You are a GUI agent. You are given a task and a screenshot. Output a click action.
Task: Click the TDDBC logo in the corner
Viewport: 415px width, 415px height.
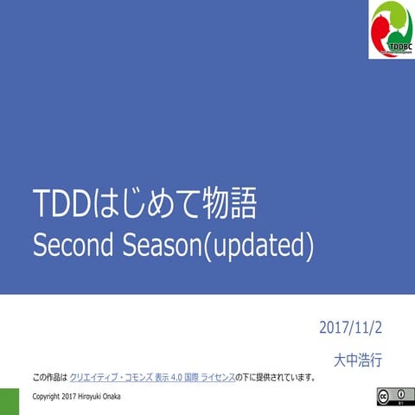pos(391,29)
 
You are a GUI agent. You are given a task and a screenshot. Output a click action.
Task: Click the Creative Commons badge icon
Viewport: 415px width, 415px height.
pos(389,397)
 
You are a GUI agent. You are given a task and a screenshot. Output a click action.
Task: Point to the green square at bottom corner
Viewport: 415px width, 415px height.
pos(10,401)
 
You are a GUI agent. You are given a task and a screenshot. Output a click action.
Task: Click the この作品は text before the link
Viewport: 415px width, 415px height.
pos(49,378)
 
